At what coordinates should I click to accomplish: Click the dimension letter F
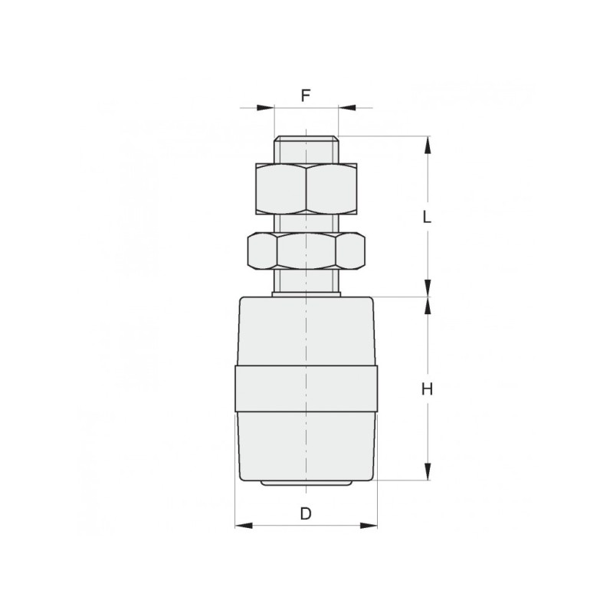[x=305, y=95]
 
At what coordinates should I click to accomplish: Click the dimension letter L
[x=427, y=217]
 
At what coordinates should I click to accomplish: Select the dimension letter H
[x=427, y=389]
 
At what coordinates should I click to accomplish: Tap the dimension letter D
[x=306, y=513]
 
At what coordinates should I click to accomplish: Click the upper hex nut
[x=306, y=188]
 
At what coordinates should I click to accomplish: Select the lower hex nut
[x=306, y=251]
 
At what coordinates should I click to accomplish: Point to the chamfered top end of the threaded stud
[x=306, y=139]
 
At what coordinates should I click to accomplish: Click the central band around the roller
[x=306, y=388]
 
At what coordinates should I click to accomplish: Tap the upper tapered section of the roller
[x=306, y=331]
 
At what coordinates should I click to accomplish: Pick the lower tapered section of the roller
[x=306, y=446]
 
